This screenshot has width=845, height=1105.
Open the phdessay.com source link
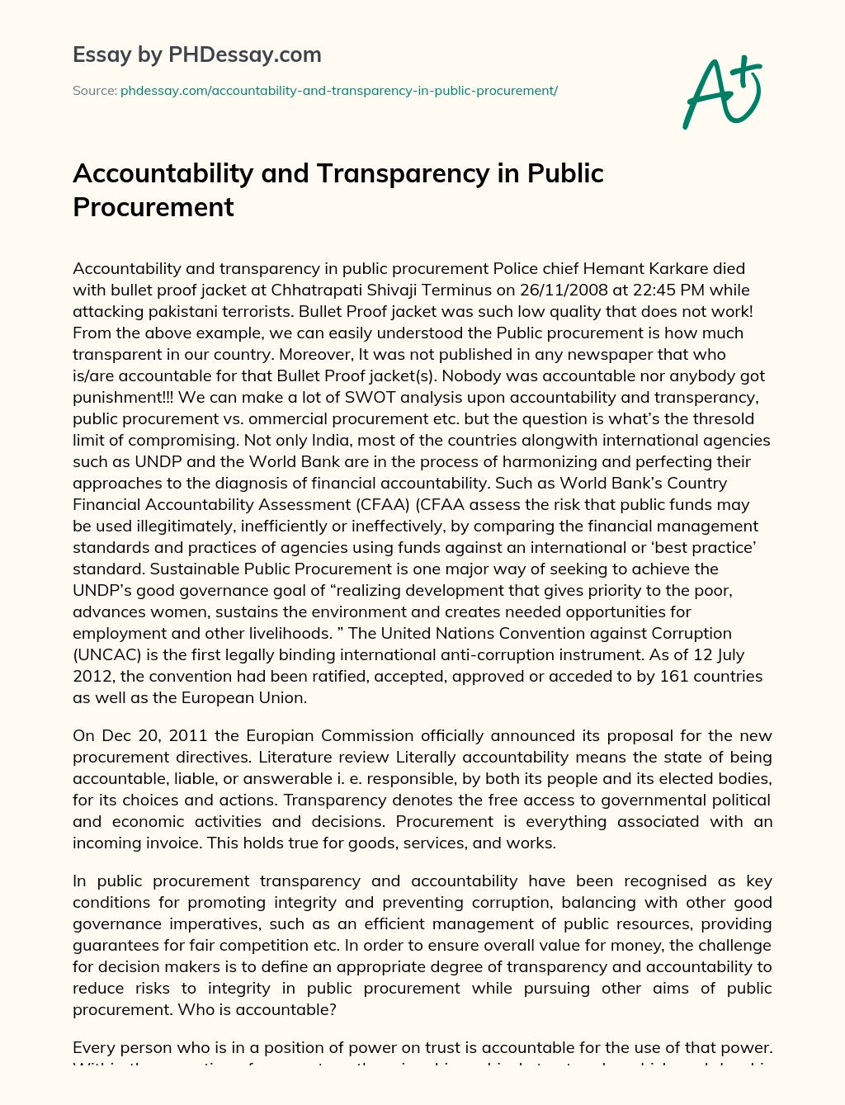coord(339,91)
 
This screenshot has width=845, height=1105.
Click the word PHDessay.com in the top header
coord(244,55)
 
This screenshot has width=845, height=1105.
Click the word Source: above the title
coord(94,91)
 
